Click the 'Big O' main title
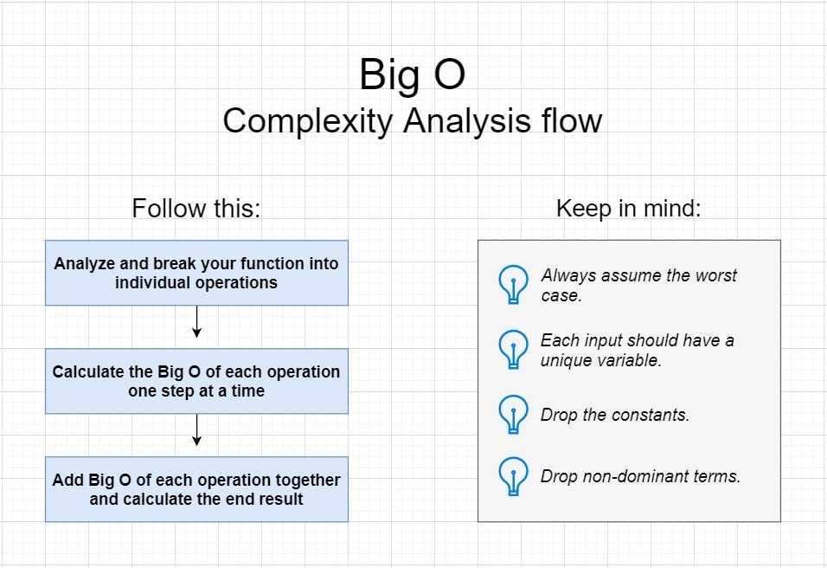point(412,74)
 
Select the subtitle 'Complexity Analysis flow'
point(413,121)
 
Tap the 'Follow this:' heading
point(196,208)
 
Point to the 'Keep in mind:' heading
point(629,208)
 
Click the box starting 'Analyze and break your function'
point(196,273)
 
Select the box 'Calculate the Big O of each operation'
point(196,381)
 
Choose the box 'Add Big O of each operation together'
point(196,489)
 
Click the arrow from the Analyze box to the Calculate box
point(196,321)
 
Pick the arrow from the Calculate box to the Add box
point(196,429)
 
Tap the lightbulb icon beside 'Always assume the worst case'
point(513,285)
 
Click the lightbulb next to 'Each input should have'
point(513,350)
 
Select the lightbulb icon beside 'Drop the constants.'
point(513,415)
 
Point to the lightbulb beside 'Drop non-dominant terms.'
point(513,476)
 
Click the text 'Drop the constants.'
point(615,415)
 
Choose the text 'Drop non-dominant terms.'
point(640,476)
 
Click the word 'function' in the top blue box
point(272,263)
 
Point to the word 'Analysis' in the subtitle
point(467,122)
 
